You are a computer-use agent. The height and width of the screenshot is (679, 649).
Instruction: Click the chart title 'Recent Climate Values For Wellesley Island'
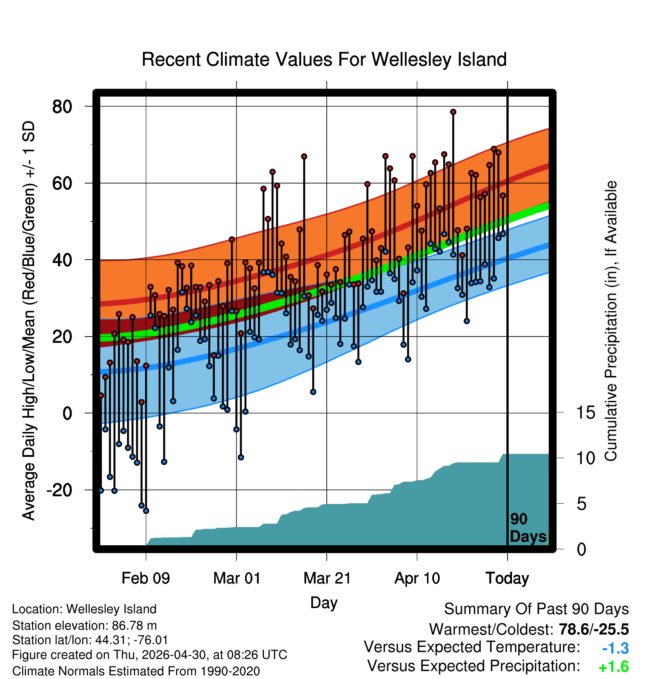(324, 59)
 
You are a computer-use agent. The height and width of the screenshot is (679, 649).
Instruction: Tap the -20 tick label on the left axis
(59, 490)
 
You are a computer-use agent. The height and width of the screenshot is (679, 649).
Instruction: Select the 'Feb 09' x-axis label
(146, 578)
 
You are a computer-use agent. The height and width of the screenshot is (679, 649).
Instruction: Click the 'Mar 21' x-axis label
(327, 578)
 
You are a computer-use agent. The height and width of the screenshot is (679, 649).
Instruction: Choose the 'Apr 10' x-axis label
(417, 578)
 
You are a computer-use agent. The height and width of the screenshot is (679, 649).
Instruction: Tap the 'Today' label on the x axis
(508, 578)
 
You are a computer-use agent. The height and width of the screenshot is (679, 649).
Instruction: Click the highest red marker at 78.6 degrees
(453, 112)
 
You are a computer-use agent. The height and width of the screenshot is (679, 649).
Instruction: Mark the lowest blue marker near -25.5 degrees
(146, 511)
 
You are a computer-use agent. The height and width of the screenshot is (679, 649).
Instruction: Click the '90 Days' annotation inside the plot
(528, 528)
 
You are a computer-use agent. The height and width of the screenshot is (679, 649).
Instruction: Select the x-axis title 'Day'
(324, 603)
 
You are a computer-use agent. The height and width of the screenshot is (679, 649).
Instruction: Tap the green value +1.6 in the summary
(614, 667)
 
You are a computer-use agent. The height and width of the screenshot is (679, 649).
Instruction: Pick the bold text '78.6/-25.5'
(594, 629)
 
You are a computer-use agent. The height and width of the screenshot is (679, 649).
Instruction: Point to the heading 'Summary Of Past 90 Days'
(537, 609)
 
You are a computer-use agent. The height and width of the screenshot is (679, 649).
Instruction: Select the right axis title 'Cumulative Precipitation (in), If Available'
(611, 321)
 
